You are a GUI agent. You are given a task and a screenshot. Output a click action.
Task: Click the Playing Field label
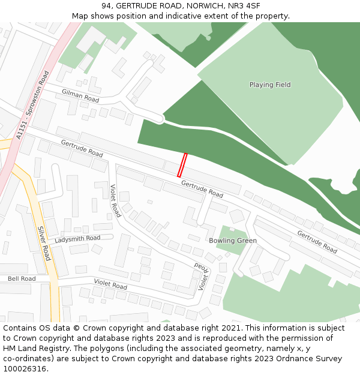(270, 85)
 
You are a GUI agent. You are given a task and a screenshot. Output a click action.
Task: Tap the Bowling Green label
(233, 241)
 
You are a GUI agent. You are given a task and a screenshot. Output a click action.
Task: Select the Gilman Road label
(80, 94)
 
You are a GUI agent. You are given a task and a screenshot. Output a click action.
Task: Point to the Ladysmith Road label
(77, 239)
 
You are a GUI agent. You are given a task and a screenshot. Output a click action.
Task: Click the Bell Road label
(22, 279)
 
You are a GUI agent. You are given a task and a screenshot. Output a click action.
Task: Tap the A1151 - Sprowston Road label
(33, 106)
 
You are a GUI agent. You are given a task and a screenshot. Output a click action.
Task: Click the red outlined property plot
(182, 165)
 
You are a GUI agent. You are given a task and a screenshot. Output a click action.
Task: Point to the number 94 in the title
(106, 5)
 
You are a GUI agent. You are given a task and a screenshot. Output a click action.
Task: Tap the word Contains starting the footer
(20, 328)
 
